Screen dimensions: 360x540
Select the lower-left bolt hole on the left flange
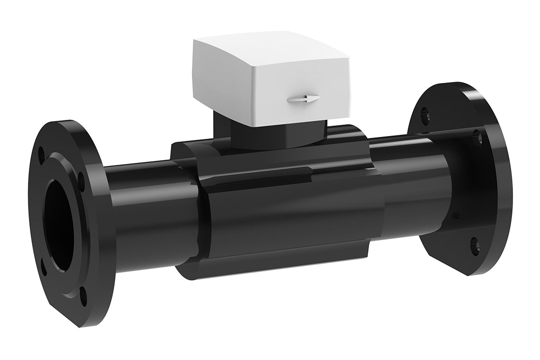[x=44, y=268]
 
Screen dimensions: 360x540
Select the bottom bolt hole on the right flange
[x=476, y=244]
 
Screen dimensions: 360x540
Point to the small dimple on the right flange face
[x=456, y=216]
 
